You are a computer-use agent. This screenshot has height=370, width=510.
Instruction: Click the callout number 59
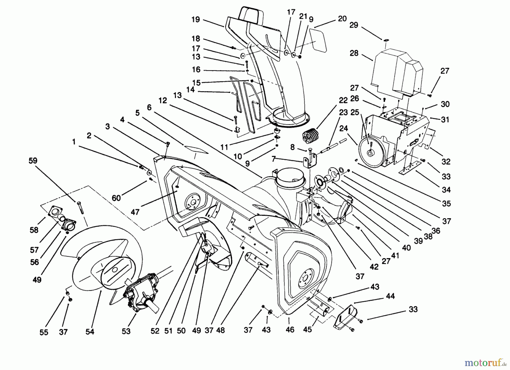pyautogui.click(x=33, y=161)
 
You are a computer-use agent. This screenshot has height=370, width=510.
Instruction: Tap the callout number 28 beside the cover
pyautogui.click(x=354, y=53)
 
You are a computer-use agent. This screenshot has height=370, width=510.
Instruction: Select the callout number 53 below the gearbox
pyautogui.click(x=126, y=331)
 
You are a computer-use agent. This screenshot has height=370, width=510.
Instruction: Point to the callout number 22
pyautogui.click(x=343, y=100)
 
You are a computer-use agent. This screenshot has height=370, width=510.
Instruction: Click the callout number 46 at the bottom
pyautogui.click(x=290, y=329)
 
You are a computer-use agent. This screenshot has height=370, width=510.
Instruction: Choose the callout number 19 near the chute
pyautogui.click(x=195, y=20)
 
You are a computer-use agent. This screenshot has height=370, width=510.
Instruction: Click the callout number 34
pyautogui.click(x=446, y=190)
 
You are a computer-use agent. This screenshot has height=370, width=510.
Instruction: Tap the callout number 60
pyautogui.click(x=116, y=198)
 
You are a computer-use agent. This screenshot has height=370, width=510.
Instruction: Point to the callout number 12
pyautogui.click(x=163, y=100)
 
